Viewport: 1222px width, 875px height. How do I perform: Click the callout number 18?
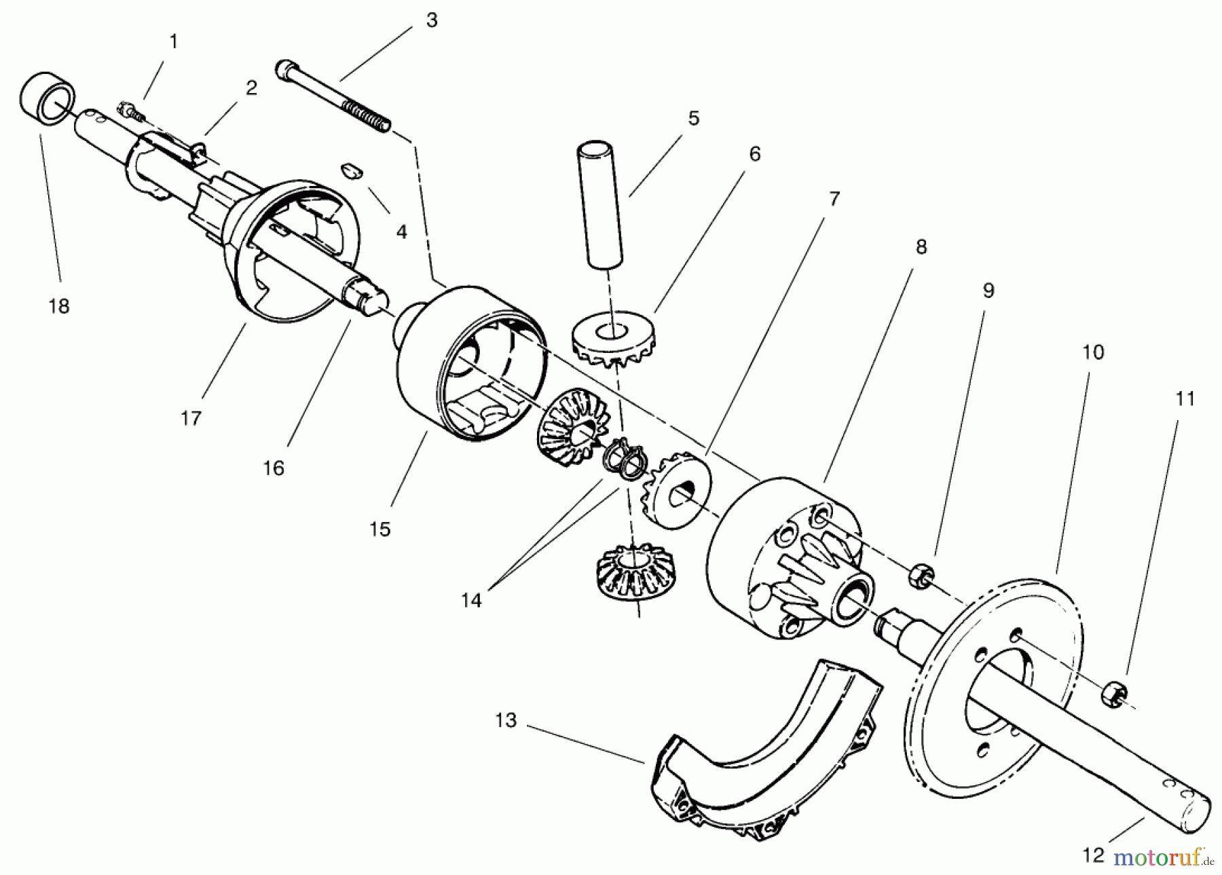click(59, 306)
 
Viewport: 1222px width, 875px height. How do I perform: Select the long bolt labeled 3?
click(333, 95)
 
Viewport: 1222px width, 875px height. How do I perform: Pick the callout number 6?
click(755, 154)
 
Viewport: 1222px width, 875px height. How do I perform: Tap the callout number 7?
click(834, 199)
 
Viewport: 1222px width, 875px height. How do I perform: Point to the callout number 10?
click(1093, 352)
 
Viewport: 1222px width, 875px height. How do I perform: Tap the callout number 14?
click(471, 600)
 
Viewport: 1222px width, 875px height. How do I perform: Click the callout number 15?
click(380, 529)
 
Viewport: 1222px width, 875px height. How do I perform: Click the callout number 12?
click(1093, 855)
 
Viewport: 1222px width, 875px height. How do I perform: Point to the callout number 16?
click(274, 468)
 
